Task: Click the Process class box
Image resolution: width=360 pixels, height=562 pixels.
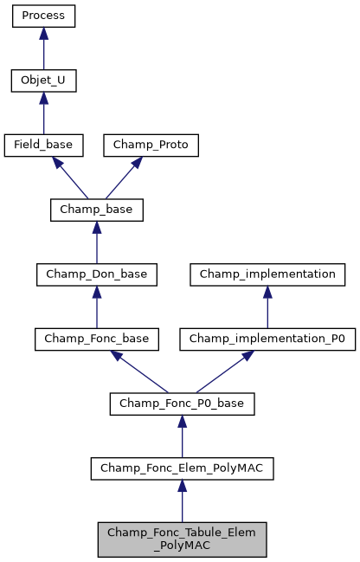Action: coord(43,16)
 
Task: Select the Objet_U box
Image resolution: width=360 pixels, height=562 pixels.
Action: coord(43,81)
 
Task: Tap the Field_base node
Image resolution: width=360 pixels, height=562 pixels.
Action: coord(43,145)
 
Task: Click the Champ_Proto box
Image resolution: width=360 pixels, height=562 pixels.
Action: coord(151,145)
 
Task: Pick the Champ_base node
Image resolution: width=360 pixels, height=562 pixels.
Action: coord(96,210)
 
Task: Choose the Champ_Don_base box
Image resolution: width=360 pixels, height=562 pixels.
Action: coord(96,275)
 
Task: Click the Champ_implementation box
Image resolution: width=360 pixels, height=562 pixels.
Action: coord(267,275)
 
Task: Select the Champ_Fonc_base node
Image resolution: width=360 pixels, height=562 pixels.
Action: coord(96,339)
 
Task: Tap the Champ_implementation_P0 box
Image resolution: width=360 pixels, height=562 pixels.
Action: coord(267,339)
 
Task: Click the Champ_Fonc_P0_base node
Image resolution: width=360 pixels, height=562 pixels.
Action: coord(182,404)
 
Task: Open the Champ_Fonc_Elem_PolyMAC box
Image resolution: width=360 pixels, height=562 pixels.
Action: coord(182,468)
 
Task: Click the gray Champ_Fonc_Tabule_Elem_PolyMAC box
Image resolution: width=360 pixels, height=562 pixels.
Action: coord(182,539)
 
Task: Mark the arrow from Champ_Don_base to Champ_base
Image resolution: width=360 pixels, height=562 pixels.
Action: coord(96,242)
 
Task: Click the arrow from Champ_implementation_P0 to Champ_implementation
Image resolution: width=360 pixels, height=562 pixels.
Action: coord(267,307)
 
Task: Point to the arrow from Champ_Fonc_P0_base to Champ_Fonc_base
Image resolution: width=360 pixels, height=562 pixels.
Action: coord(138,371)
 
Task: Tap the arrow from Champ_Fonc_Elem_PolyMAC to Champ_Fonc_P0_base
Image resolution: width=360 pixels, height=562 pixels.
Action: coord(182,436)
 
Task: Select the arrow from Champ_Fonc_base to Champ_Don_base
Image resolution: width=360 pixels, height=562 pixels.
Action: coord(96,307)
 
